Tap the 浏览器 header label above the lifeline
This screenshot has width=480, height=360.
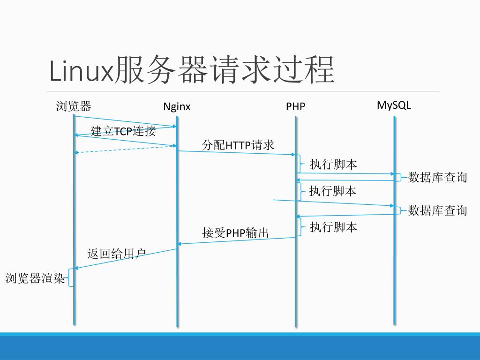point(73,106)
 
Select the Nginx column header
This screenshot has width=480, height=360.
point(177,106)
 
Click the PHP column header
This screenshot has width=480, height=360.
point(295,107)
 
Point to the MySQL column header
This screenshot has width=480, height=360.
point(394,105)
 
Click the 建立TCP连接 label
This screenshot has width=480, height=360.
point(123,131)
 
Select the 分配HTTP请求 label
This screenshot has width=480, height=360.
point(238,145)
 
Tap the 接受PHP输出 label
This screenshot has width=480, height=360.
point(235,232)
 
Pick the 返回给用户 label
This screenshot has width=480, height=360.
point(116,254)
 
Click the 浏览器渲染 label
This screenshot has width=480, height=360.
point(35,278)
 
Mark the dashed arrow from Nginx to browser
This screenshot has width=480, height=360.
point(125,149)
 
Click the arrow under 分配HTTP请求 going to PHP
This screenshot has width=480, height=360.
point(236,153)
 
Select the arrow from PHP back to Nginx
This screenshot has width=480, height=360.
point(236,240)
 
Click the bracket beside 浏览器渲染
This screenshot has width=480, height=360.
point(70,277)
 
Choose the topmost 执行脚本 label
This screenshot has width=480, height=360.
point(333,164)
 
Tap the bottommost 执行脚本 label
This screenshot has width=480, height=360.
point(333,227)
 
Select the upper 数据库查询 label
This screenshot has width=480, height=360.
point(437,177)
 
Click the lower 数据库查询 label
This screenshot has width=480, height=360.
point(437,210)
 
